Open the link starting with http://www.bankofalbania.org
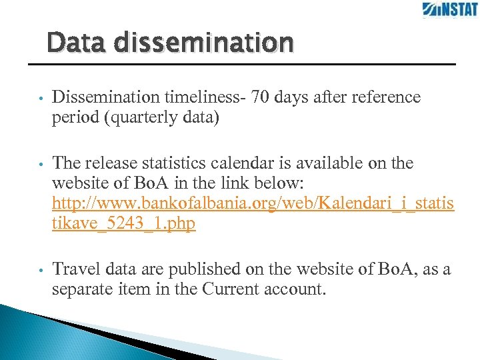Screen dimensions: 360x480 pos(253,203)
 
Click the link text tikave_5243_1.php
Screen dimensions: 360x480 pos(123,223)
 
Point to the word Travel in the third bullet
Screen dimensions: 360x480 pos(73,269)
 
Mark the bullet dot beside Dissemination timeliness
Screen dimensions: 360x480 pos(41,99)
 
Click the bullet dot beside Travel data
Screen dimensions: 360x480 pos(41,271)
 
